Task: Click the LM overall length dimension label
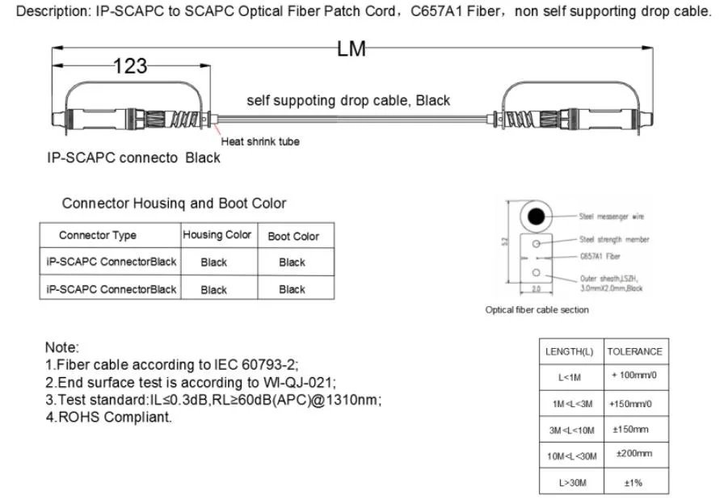tap(352, 49)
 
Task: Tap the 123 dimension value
tap(130, 66)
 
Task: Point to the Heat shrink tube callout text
tap(260, 141)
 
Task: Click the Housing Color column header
tap(217, 235)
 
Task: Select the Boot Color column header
tap(293, 236)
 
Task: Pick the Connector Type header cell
tap(98, 235)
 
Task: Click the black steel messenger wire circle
tap(536, 216)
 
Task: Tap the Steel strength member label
tap(614, 239)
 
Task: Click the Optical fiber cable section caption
tap(537, 309)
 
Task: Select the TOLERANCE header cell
tap(634, 351)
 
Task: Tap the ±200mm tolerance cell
tap(634, 454)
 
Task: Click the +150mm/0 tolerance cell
tap(634, 403)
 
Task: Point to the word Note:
tap(62, 347)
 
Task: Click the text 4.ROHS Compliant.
tap(109, 418)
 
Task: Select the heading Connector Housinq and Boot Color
tap(174, 204)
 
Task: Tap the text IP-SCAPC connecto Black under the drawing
tap(133, 157)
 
